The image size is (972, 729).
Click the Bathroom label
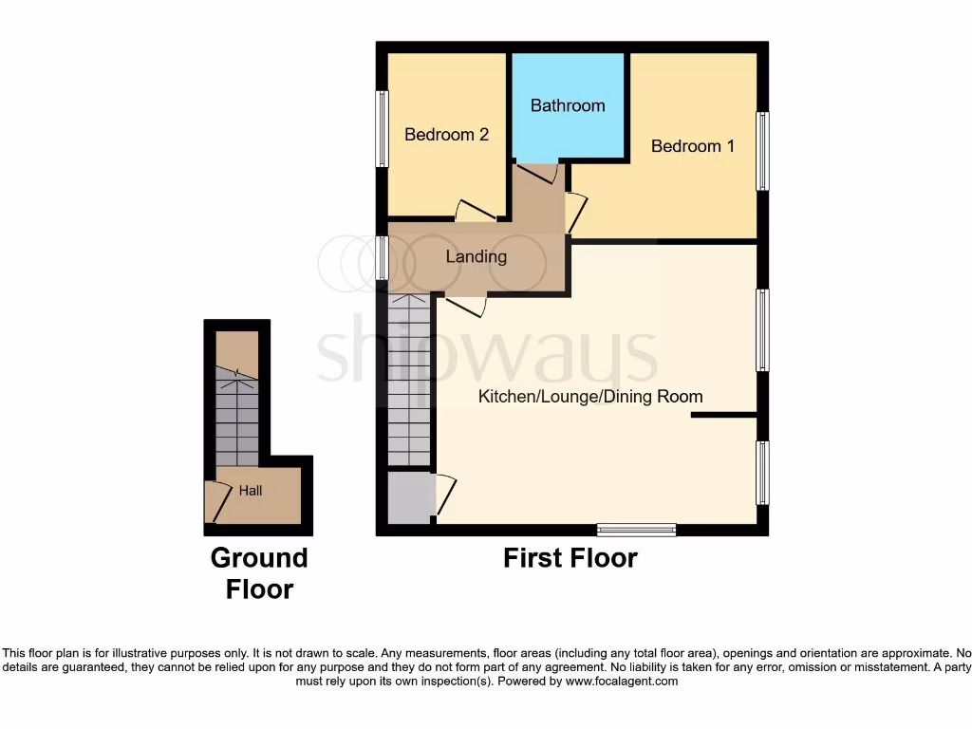[x=568, y=105]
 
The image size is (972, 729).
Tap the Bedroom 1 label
[x=692, y=146]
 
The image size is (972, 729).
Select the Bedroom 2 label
[x=446, y=135]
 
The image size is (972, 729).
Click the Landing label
[x=477, y=256]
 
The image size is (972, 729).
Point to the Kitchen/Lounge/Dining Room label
[x=590, y=396]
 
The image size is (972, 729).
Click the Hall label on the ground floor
[x=251, y=491]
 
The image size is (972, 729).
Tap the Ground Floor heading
[x=259, y=572]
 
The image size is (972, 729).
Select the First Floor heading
[x=570, y=557]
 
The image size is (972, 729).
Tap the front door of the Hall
[x=216, y=501]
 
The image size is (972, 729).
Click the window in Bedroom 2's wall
[x=382, y=129]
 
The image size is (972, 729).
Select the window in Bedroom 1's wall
[x=762, y=151]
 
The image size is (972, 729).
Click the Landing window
[x=382, y=258]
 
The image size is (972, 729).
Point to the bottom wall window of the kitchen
[x=636, y=530]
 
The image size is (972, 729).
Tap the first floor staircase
[x=410, y=380]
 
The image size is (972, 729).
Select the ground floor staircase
[x=236, y=418]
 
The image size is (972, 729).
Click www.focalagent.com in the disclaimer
[x=622, y=681]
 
